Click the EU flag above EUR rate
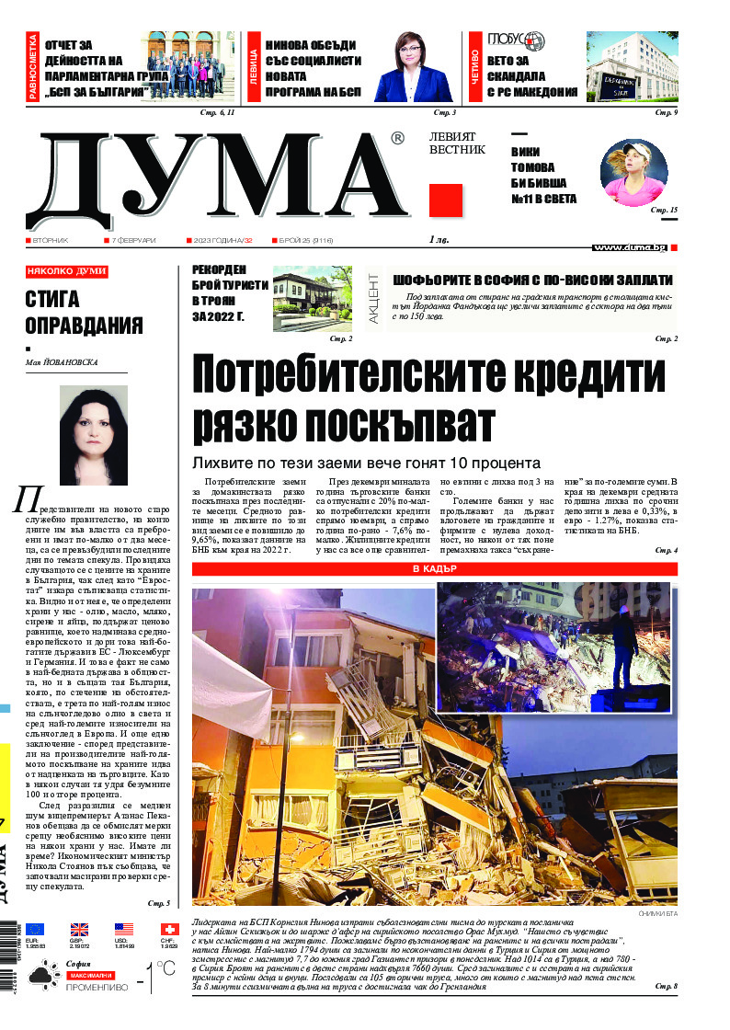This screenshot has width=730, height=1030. (35, 930)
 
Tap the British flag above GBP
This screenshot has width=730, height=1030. (80, 930)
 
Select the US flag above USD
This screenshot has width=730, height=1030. (124, 930)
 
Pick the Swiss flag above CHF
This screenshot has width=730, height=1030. (169, 930)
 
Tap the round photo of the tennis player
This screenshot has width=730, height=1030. (633, 173)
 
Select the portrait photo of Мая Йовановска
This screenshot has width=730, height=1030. (94, 434)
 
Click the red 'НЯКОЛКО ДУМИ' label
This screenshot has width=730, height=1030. (67, 271)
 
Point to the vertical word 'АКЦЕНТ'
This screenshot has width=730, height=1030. (375, 301)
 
